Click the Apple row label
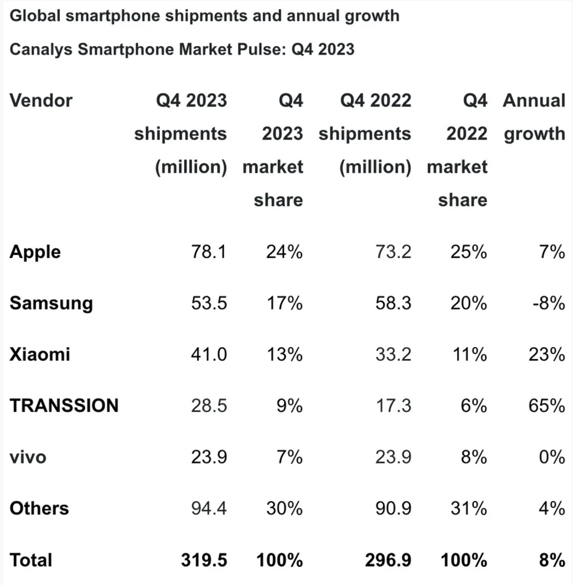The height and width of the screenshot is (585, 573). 35,252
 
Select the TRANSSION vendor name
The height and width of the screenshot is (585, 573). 64,405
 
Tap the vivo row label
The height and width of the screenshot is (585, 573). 28,457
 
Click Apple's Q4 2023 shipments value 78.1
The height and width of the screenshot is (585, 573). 209,252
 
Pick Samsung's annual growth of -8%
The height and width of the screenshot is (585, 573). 549,303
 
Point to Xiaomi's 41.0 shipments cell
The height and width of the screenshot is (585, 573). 209,354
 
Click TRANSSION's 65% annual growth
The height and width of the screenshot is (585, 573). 546,405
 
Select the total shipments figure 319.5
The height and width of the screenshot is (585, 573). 204,560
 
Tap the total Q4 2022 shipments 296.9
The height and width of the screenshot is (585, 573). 388,560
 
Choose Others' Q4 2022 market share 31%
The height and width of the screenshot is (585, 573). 469,508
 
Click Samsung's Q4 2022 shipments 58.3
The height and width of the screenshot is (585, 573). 393,303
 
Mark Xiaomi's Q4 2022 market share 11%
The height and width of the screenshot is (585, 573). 469,354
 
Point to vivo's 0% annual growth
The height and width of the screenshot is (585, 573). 552,457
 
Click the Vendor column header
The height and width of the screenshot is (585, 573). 41,100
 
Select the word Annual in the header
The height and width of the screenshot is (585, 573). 534,100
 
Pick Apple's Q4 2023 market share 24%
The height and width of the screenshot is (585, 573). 284,252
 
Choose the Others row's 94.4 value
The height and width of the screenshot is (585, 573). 209,508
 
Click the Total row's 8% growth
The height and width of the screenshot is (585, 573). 552,560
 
